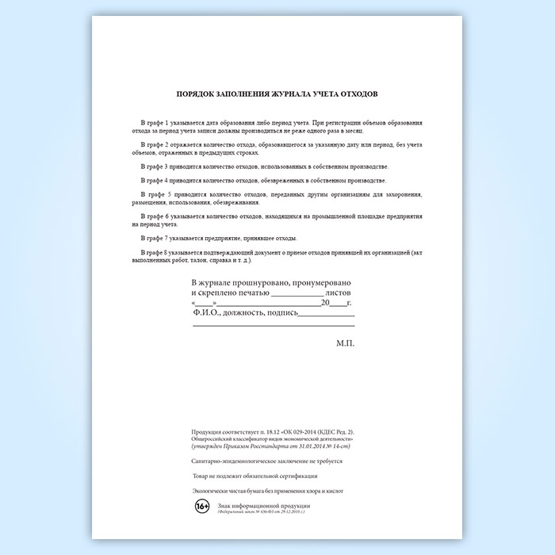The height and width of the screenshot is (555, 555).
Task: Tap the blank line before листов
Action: pos(297,294)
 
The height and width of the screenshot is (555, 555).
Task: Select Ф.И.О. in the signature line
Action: pos(208,312)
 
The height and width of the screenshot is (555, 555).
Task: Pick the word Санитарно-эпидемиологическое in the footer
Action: pos(228,461)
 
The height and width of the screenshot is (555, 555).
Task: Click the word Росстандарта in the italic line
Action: pos(285,446)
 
